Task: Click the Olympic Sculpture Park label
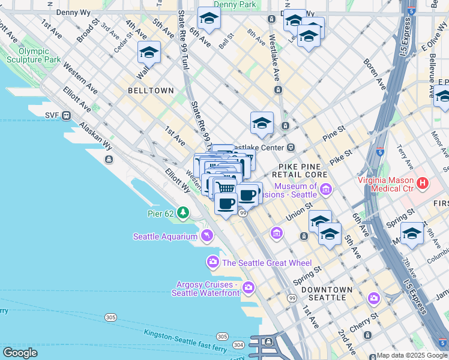click(x=33, y=56)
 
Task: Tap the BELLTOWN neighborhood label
click(x=151, y=91)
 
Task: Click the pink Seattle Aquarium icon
click(x=206, y=236)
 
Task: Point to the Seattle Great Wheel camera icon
click(x=213, y=262)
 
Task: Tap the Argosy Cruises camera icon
click(x=249, y=289)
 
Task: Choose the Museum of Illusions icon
click(x=326, y=190)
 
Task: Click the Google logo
click(x=20, y=352)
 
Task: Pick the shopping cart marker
click(x=226, y=188)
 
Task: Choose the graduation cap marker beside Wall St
click(x=149, y=53)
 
